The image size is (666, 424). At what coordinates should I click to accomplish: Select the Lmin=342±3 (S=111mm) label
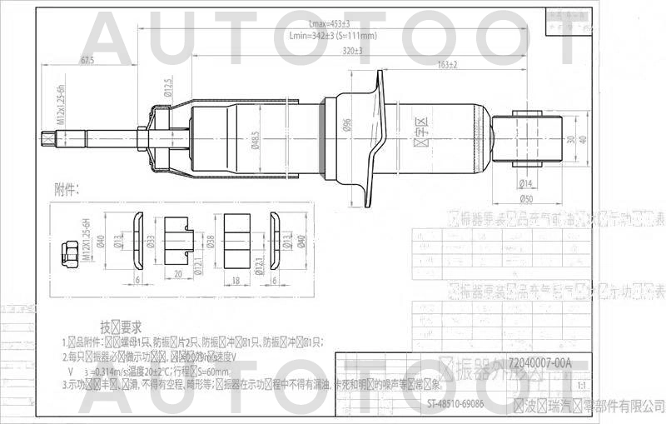click(333, 36)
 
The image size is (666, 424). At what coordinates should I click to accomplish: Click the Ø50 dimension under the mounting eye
click(526, 200)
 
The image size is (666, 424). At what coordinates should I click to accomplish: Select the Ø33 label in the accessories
click(151, 242)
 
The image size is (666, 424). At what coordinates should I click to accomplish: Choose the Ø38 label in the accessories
click(211, 242)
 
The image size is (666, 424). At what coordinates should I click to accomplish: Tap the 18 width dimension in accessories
click(237, 281)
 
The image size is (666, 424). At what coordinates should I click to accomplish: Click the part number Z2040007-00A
click(539, 363)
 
